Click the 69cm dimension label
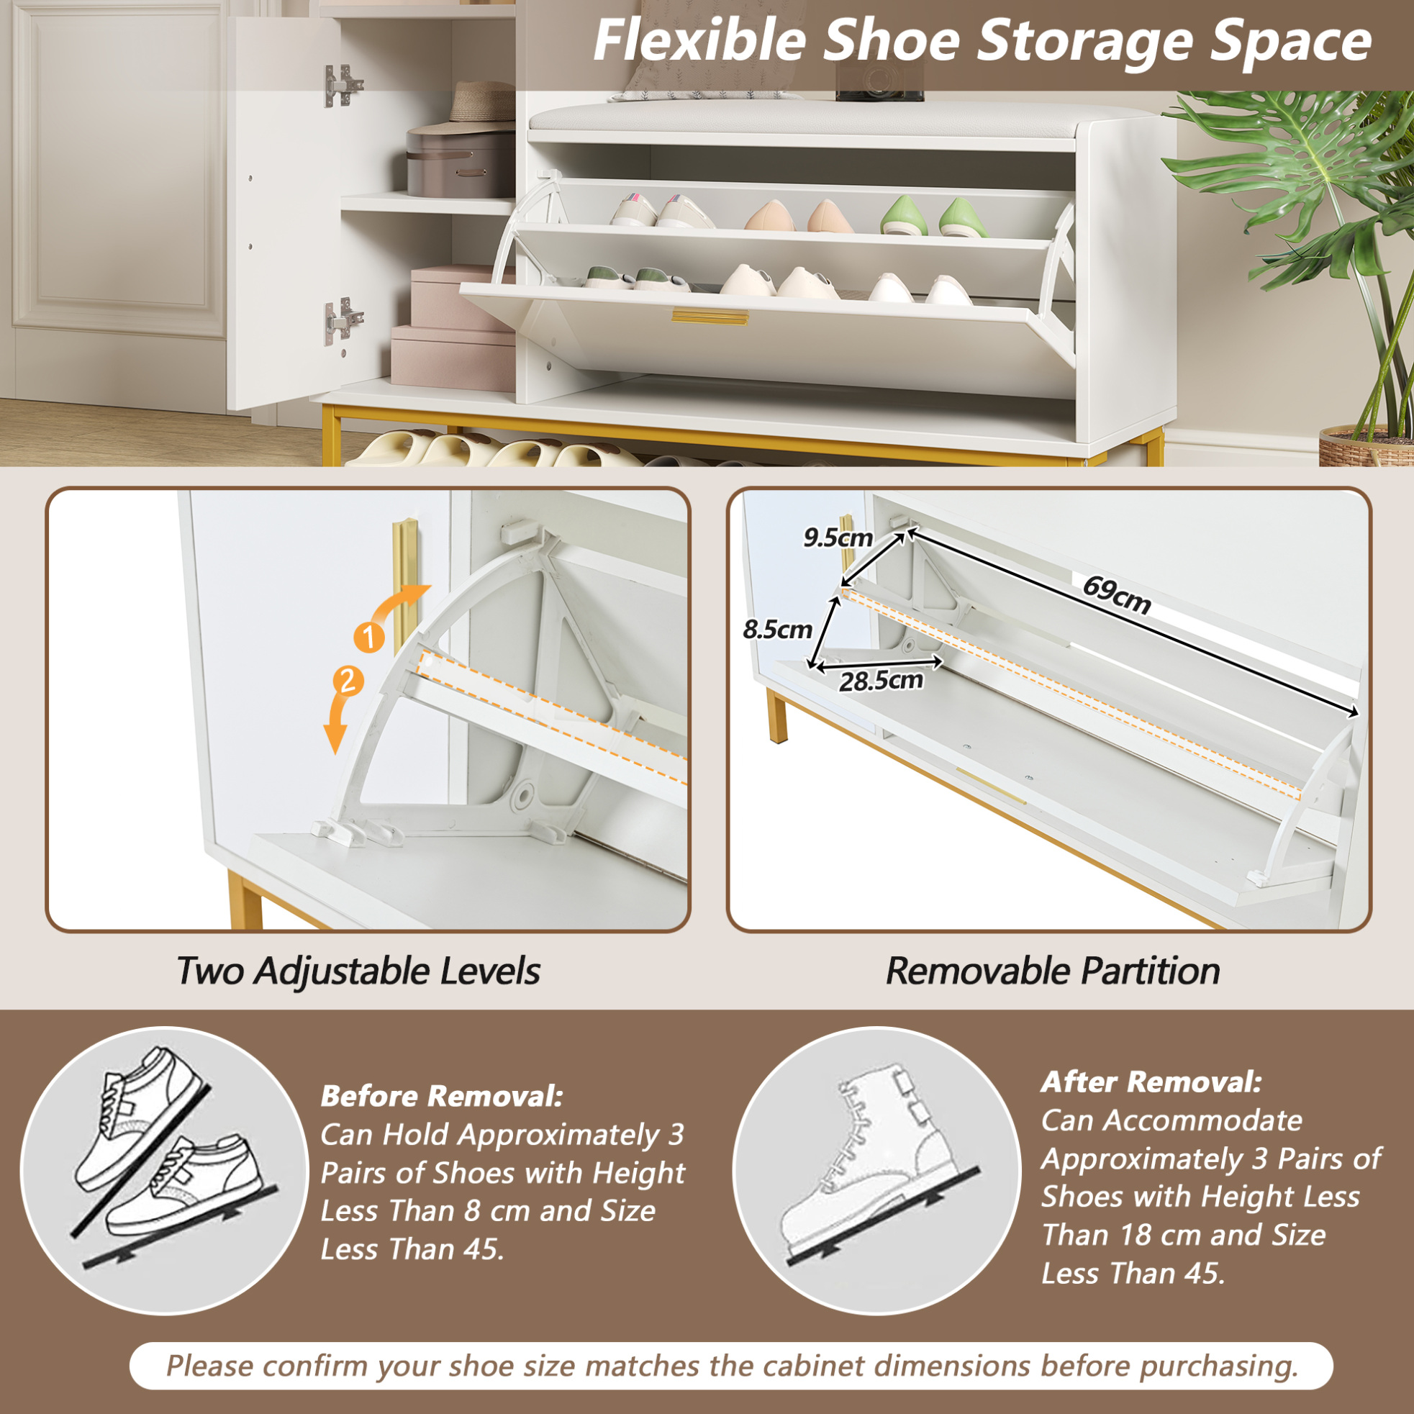pos(1117,595)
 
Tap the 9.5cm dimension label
pos(838,538)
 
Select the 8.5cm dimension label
pos(777,629)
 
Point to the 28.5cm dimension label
pos(882,681)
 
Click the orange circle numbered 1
pos(369,637)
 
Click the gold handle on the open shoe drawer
pos(710,317)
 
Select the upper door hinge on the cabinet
pos(343,85)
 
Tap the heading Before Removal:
pos(441,1096)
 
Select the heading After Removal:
pos(1151,1081)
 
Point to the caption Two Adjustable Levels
pos(358,971)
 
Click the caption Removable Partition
pos(1053,971)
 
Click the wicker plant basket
pos(1366,445)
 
